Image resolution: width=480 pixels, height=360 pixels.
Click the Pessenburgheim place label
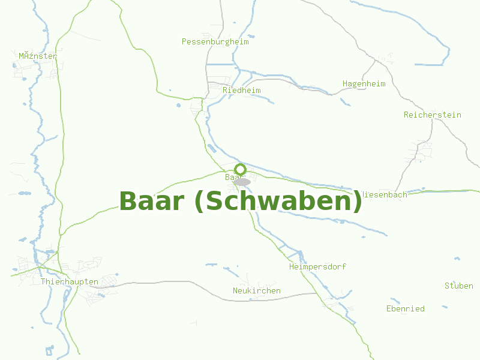[215, 42]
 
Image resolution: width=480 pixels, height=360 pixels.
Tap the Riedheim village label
[241, 90]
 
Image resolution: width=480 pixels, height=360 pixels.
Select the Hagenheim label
[364, 83]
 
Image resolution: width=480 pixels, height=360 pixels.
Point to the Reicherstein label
[432, 115]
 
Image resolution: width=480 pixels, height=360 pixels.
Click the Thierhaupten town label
[69, 281]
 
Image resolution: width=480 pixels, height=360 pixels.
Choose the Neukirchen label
[256, 291]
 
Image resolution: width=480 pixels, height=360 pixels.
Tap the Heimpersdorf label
[317, 266]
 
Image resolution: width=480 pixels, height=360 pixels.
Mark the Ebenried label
[405, 309]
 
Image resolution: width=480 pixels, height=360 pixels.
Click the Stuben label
[458, 286]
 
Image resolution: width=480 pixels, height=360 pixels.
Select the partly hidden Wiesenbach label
[385, 194]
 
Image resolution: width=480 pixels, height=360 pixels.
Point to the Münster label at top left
[37, 56]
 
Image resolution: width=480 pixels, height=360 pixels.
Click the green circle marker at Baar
[240, 169]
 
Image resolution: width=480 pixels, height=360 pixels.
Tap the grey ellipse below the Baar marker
[242, 182]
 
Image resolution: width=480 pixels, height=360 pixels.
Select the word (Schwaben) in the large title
[279, 202]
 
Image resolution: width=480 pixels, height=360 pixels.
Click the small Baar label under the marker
[232, 178]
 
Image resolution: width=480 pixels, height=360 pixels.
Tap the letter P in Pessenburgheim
[184, 42]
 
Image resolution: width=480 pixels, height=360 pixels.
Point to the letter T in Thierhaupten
[43, 281]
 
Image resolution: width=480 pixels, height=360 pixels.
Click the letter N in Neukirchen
[235, 291]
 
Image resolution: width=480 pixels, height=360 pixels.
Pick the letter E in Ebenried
[389, 309]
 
